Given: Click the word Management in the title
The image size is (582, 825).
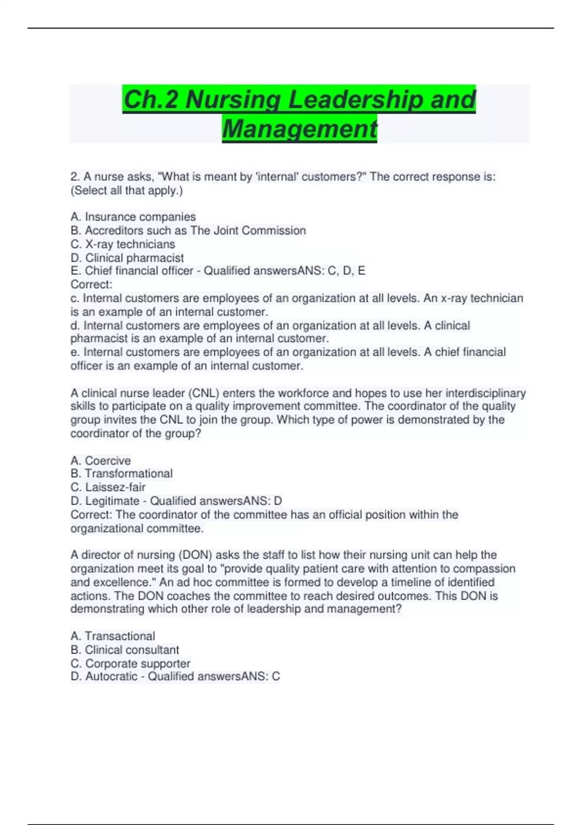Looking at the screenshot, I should (x=299, y=129).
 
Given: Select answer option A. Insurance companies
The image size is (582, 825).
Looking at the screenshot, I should (x=133, y=217).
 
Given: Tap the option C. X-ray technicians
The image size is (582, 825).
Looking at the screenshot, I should (x=123, y=244).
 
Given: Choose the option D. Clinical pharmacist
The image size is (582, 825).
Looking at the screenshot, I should (x=127, y=258).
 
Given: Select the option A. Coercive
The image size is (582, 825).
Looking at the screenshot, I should (x=100, y=461).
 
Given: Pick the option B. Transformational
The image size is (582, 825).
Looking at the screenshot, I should (x=121, y=474).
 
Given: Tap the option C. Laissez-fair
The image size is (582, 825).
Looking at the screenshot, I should (x=108, y=487).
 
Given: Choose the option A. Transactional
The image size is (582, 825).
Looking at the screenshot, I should (x=113, y=636).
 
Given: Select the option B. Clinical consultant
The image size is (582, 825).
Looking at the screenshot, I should (x=125, y=650).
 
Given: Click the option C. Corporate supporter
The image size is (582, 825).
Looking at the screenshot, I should (x=130, y=663).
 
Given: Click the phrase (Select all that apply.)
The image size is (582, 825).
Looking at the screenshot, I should (x=127, y=190).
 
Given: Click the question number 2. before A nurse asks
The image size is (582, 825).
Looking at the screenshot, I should (x=75, y=177).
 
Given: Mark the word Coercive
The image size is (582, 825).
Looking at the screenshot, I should (x=108, y=461).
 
